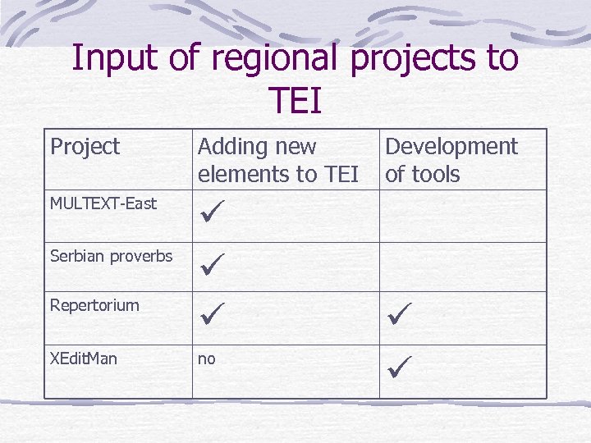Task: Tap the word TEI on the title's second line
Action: tap(295, 101)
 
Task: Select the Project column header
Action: tap(85, 147)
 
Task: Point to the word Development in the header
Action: tap(451, 147)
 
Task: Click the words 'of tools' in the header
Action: tap(423, 174)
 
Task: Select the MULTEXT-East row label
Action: tap(103, 203)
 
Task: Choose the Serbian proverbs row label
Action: tap(111, 256)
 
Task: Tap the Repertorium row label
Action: tap(94, 305)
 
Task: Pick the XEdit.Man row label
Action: tap(84, 359)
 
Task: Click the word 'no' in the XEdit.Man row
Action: tap(206, 359)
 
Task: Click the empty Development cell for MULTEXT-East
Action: tap(462, 216)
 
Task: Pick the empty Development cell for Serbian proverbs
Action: tap(462, 267)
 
